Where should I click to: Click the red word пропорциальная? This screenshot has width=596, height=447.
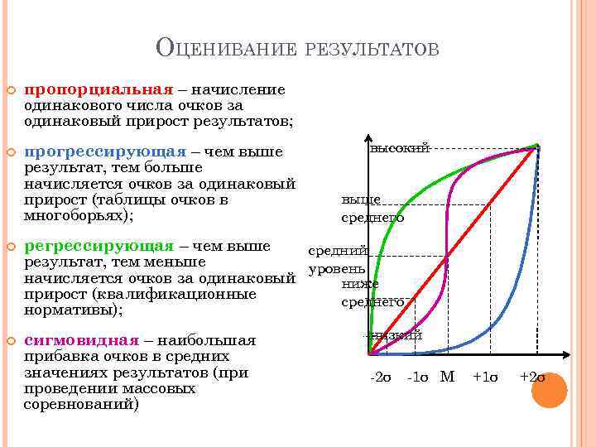[x=99, y=89]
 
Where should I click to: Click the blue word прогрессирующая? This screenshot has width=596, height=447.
[x=105, y=152]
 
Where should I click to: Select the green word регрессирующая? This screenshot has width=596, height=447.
[x=100, y=247]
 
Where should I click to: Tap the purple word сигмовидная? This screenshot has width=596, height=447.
[x=82, y=340]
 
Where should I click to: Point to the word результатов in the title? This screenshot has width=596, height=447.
[x=372, y=50]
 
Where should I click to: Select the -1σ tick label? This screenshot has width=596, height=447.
[x=417, y=377]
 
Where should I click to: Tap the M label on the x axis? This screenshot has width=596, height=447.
[x=447, y=377]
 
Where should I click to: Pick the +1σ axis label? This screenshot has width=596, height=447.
[x=486, y=377]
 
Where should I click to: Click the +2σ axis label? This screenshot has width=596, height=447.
[x=531, y=377]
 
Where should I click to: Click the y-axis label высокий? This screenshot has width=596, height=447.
[x=400, y=148]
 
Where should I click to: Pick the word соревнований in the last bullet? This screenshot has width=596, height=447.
[x=81, y=404]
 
